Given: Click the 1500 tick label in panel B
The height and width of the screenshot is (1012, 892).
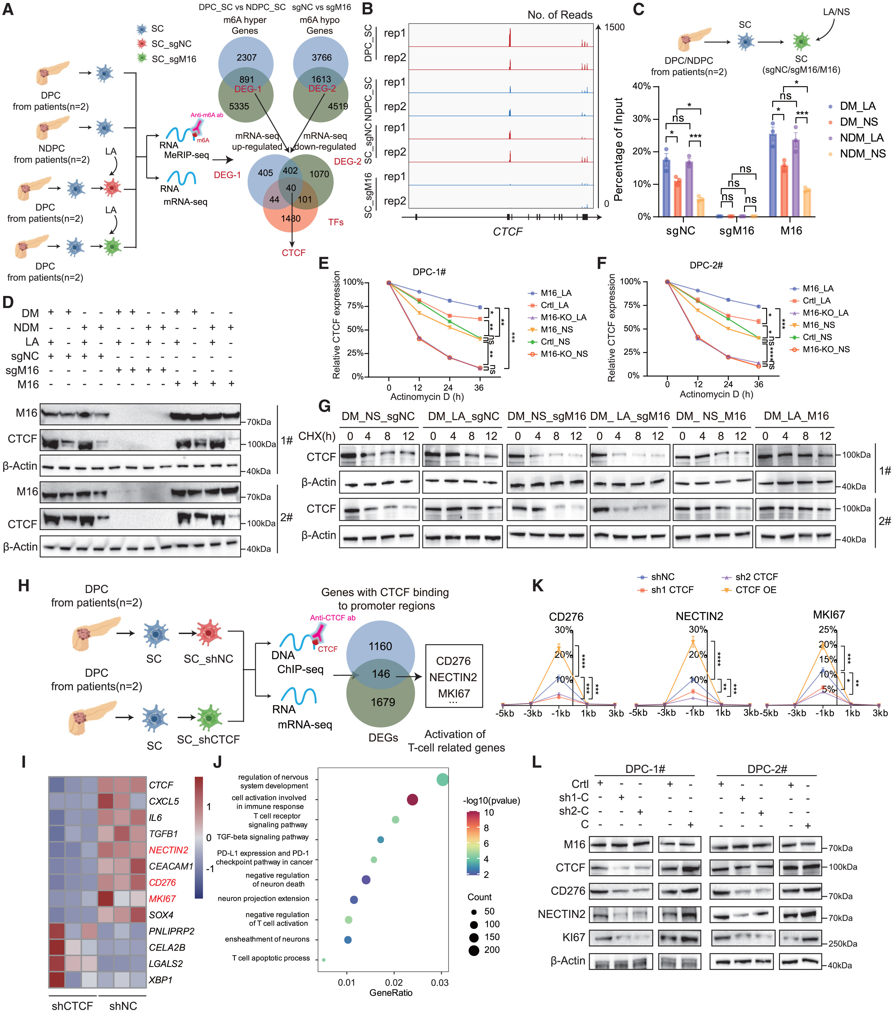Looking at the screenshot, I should pos(614,27).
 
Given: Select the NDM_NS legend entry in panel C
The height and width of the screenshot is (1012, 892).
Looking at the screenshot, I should pos(862,154).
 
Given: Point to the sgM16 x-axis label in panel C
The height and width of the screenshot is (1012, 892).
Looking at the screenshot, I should pos(737,231).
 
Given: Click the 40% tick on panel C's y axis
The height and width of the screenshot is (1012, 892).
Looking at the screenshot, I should pos(642,86).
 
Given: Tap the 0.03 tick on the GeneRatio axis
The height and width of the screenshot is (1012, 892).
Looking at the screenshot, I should pos(440,982).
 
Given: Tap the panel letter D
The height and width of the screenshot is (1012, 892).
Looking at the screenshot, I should pos(8,302).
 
